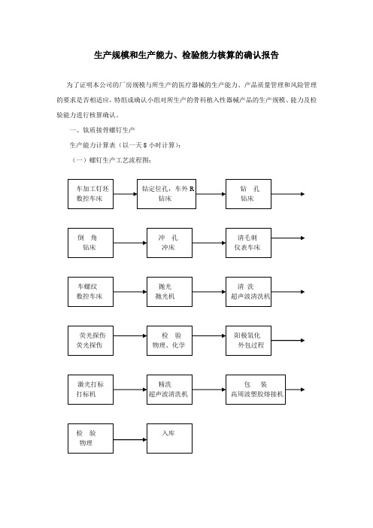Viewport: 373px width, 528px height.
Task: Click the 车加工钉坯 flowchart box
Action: (x=90, y=194)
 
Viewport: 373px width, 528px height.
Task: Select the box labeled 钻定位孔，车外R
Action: (x=167, y=194)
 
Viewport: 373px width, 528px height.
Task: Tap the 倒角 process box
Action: (x=90, y=243)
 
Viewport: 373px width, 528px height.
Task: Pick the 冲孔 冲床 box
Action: (x=170, y=243)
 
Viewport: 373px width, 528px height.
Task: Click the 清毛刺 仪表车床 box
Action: (x=248, y=243)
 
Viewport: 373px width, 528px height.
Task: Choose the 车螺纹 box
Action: (x=90, y=292)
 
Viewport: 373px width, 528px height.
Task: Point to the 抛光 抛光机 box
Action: (x=170, y=292)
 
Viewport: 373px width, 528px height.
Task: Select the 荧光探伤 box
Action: (x=90, y=341)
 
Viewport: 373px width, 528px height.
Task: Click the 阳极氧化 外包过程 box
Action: (x=248, y=341)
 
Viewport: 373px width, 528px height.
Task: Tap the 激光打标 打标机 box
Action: (x=90, y=390)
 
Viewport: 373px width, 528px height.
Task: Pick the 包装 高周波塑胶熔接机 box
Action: (x=256, y=390)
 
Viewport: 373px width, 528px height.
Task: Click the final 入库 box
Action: (x=170, y=438)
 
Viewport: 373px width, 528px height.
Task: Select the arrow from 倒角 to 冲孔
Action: (x=130, y=243)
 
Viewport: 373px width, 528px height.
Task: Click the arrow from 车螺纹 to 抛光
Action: (x=130, y=292)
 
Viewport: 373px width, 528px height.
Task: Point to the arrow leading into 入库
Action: (x=130, y=439)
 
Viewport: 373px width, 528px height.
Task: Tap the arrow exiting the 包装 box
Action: (x=296, y=390)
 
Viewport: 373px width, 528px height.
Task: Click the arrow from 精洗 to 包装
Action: (x=209, y=390)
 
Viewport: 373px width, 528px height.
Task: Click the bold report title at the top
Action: (x=186, y=55)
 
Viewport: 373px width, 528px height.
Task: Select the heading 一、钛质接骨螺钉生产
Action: (x=102, y=130)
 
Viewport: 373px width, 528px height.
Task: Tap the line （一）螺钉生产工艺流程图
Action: (x=111, y=160)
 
